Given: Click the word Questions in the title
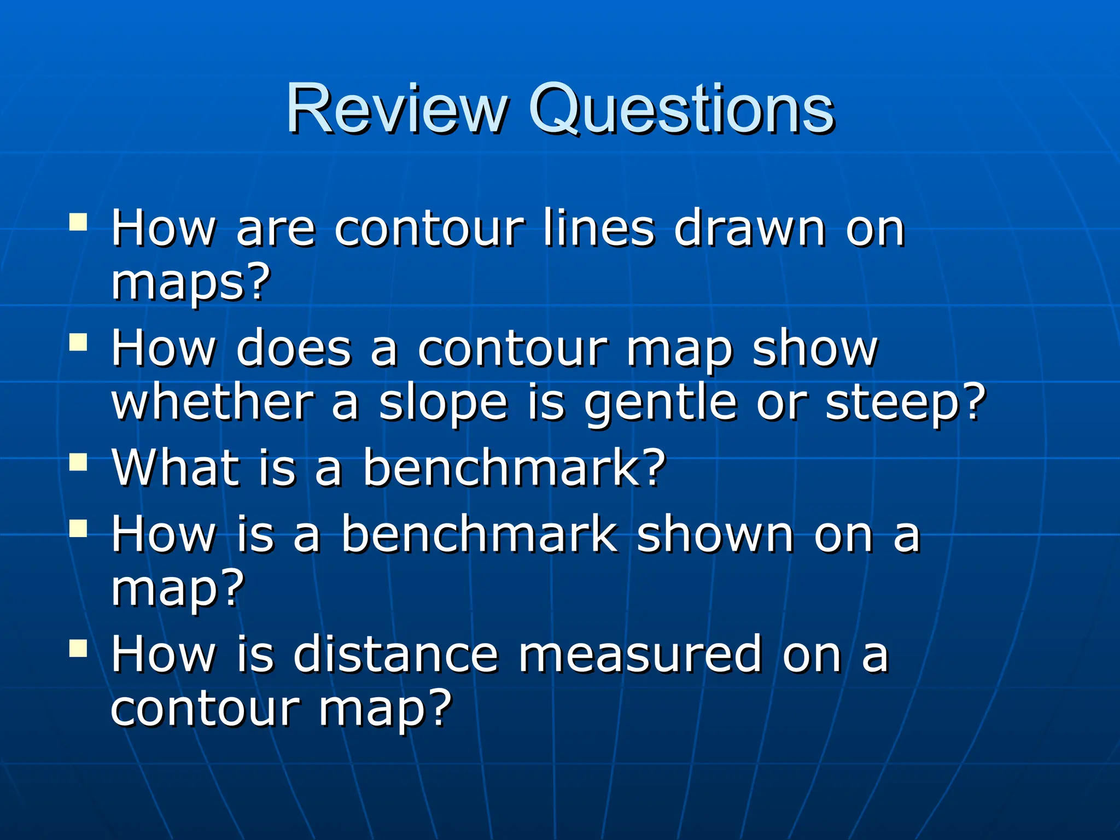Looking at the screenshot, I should (681, 109).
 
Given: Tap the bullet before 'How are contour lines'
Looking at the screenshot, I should (78, 222).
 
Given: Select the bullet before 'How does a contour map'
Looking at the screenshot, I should (78, 343).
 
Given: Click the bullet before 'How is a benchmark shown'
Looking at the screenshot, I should (78, 528).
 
